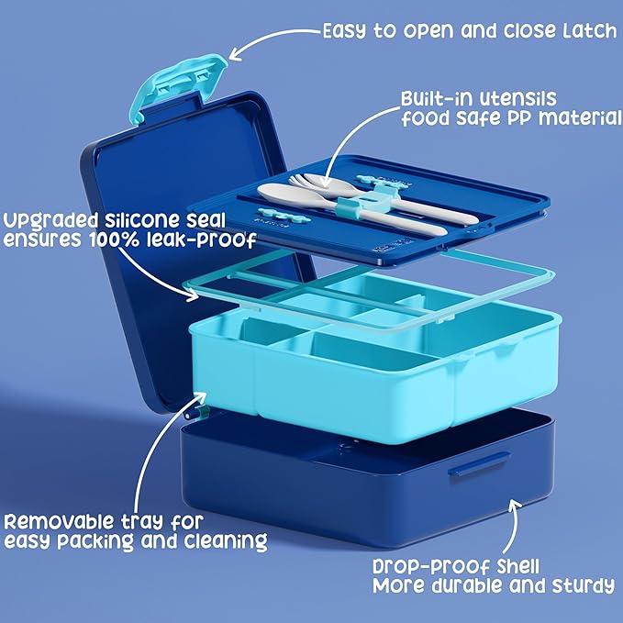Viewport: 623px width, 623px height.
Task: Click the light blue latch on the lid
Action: pyautogui.click(x=178, y=85)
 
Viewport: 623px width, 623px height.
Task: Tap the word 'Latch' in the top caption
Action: pyautogui.click(x=590, y=30)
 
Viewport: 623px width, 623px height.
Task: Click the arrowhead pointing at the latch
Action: pyautogui.click(x=236, y=53)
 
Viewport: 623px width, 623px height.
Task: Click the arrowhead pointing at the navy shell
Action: pyautogui.click(x=515, y=506)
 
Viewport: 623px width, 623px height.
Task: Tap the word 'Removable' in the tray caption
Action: pyautogui.click(x=60, y=522)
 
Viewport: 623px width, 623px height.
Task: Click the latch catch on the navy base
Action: pyautogui.click(x=479, y=463)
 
